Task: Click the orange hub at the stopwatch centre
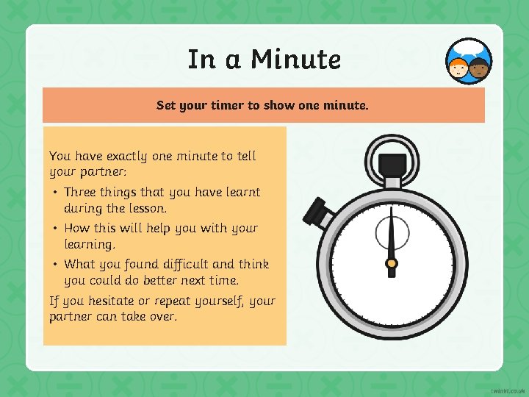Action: (392, 263)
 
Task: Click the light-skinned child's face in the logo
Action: (459, 68)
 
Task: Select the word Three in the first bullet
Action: (82, 192)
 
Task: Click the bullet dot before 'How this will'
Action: (55, 229)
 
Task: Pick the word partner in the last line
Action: (71, 317)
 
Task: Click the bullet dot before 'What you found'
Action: (55, 265)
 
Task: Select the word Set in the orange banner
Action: (166, 105)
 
